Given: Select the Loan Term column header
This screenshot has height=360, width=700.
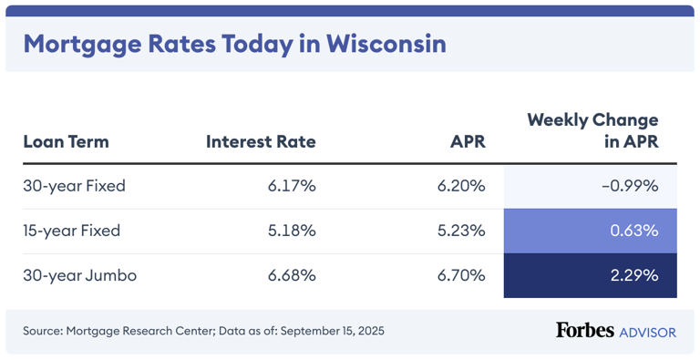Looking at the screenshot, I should (x=66, y=141).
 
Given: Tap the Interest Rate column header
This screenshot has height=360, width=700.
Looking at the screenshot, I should (x=261, y=141).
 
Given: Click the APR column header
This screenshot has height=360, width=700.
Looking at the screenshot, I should (x=468, y=141).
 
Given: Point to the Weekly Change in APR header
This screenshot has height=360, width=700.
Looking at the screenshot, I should (x=592, y=130).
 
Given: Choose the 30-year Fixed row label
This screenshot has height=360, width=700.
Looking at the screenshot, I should (x=74, y=186).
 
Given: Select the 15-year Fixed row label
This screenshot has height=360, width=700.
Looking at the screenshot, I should (x=74, y=231).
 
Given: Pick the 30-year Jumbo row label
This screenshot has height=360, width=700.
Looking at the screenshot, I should (x=79, y=275).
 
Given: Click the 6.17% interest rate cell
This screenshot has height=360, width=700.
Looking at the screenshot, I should (x=292, y=186).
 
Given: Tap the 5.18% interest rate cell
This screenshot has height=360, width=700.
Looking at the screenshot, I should (x=292, y=231).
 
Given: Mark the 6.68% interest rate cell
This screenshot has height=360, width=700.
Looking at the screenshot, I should (x=292, y=275).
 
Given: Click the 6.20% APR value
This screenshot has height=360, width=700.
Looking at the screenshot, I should (x=461, y=186).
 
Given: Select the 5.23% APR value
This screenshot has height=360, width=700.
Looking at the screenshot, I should (x=461, y=231).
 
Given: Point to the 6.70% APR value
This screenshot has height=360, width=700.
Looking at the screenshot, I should (x=461, y=275).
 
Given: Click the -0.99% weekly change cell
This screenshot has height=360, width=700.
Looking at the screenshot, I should (x=629, y=186).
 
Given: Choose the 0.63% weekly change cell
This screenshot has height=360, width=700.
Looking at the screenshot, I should (x=633, y=231).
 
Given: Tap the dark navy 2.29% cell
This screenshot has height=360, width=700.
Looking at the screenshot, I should (x=633, y=275).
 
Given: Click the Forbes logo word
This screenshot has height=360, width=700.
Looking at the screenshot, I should (x=584, y=330).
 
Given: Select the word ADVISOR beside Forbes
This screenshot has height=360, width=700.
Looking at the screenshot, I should (x=647, y=332).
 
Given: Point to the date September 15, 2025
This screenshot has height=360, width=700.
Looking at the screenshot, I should (x=332, y=331).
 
